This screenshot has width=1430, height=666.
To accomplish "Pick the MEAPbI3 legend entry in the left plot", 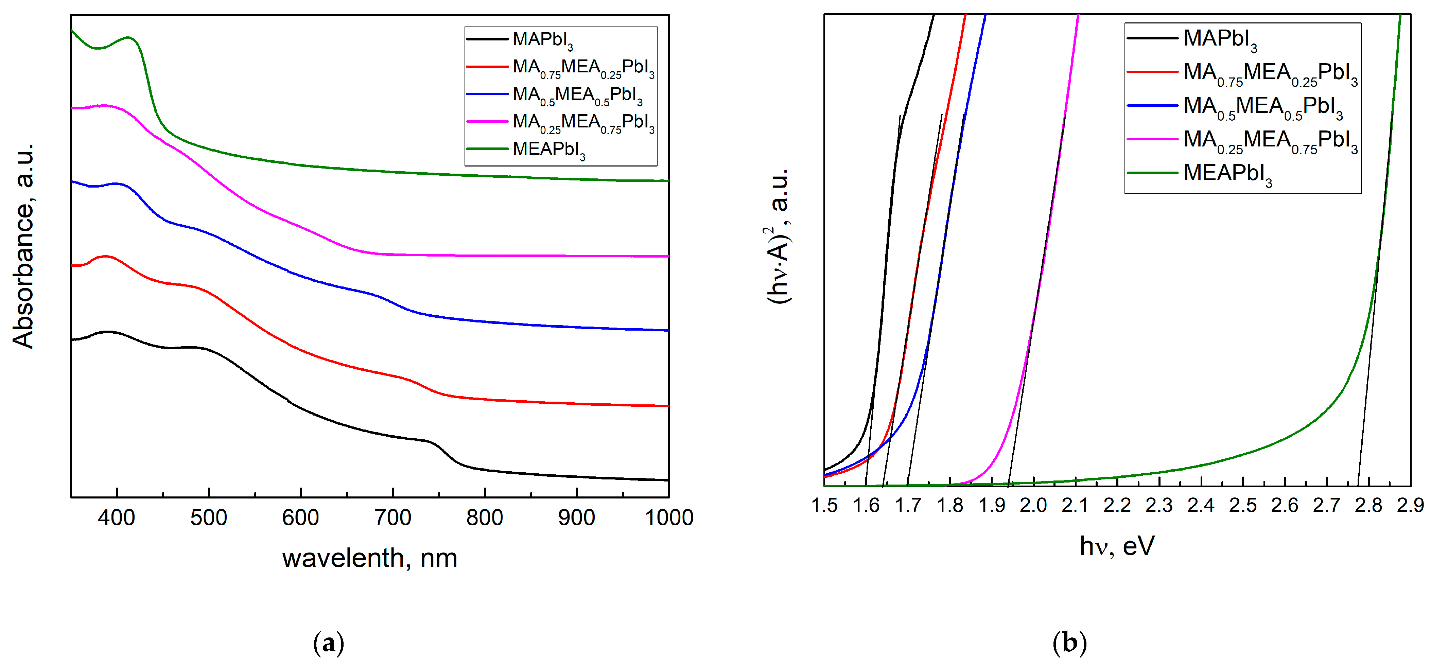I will (x=548, y=149).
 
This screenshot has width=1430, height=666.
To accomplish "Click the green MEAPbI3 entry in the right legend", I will (x=1227, y=173).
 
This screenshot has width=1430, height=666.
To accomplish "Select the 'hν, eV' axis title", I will (x=1117, y=546).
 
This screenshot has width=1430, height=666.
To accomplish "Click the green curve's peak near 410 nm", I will (x=128, y=38).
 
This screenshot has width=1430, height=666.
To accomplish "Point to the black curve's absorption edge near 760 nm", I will (x=444, y=452).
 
